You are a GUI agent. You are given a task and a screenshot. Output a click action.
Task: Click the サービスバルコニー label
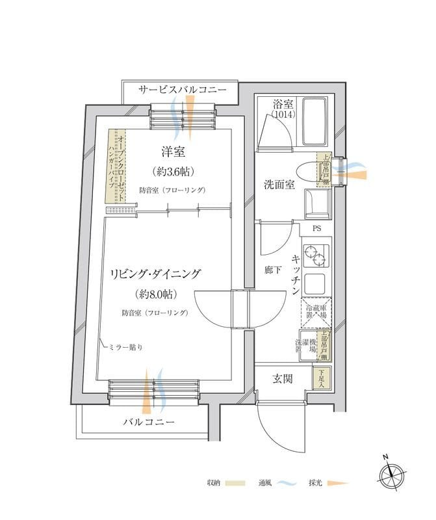[x=182, y=90]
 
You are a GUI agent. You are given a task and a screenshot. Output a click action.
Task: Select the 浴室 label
[x=283, y=104]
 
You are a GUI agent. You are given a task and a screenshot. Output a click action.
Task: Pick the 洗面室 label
[x=279, y=185]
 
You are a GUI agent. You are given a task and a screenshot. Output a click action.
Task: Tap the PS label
[x=316, y=229]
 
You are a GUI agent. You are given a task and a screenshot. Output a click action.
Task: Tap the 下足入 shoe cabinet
[x=321, y=378]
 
